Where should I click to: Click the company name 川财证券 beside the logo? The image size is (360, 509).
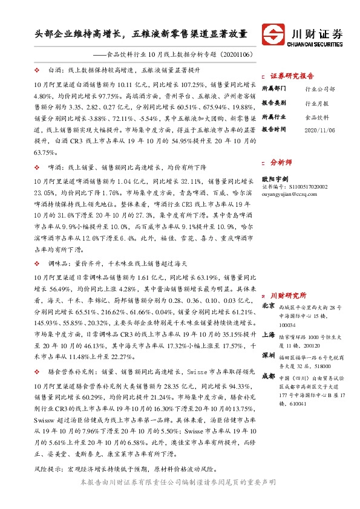click(313, 31)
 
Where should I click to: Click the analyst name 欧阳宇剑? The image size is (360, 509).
click(275, 178)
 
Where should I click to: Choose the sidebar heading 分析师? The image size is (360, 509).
click(281, 163)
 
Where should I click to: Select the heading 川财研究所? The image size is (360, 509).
click(288, 296)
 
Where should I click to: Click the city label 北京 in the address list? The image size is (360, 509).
click(268, 306)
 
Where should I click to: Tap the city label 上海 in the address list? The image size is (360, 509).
click(268, 334)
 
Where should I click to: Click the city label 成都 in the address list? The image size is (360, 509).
click(268, 377)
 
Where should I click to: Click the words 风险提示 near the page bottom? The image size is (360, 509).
click(48, 468)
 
